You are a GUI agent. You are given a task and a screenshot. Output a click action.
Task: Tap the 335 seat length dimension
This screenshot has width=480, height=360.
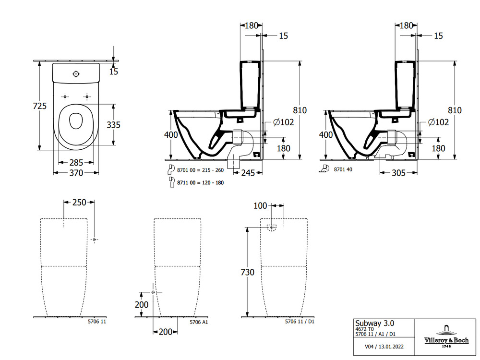pyautogui.click(x=113, y=125)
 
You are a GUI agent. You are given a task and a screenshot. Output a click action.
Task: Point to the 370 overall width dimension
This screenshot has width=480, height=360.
pyautogui.click(x=76, y=172)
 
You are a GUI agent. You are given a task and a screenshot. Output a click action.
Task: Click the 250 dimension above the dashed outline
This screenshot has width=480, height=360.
pyautogui.click(x=79, y=202)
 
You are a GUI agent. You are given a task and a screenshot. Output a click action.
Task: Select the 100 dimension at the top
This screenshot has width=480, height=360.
pyautogui.click(x=260, y=205)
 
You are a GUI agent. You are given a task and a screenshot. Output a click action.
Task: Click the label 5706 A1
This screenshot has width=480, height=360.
pyautogui.click(x=199, y=322)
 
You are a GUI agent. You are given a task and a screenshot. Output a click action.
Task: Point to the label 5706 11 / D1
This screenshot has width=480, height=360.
pyautogui.click(x=300, y=322)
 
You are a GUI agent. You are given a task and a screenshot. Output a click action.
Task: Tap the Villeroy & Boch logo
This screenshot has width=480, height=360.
pyautogui.click(x=445, y=335)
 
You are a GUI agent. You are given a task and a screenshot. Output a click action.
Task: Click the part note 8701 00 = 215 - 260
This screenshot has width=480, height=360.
pyautogui.click(x=200, y=170)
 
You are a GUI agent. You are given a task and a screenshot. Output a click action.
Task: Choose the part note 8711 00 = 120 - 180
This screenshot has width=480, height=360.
pyautogui.click(x=200, y=182)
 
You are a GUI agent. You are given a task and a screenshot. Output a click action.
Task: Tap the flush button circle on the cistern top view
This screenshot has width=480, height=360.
pyautogui.click(x=75, y=74)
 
